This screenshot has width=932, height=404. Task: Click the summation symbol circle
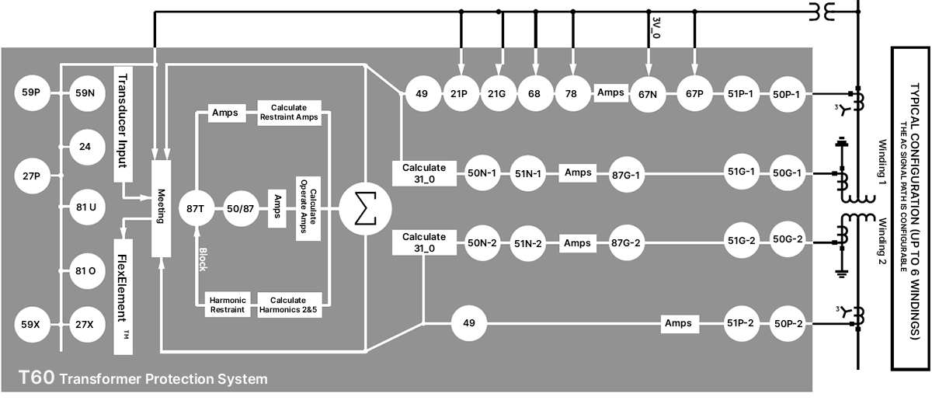365,209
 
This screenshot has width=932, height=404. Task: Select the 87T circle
196,208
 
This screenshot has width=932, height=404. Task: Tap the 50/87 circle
241,208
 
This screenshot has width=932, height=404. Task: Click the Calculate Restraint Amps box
289,113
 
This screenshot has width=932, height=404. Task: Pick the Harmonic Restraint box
228,305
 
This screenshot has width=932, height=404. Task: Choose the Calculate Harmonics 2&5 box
289,305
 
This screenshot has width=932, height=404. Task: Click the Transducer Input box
123,124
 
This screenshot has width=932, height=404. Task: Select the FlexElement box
123,297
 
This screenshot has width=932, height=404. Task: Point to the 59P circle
32,92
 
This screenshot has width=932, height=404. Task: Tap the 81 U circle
87,207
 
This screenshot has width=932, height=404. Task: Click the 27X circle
87,325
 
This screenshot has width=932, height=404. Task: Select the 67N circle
648,95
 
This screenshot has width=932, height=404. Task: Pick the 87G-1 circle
626,175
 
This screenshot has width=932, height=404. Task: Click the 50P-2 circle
788,324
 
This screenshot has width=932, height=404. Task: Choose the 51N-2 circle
527,243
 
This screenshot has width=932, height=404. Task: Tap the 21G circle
498,94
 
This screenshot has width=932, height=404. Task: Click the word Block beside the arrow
203,259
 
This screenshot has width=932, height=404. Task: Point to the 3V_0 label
656,27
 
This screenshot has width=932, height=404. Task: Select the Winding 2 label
882,242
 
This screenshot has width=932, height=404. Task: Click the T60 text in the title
37,378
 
